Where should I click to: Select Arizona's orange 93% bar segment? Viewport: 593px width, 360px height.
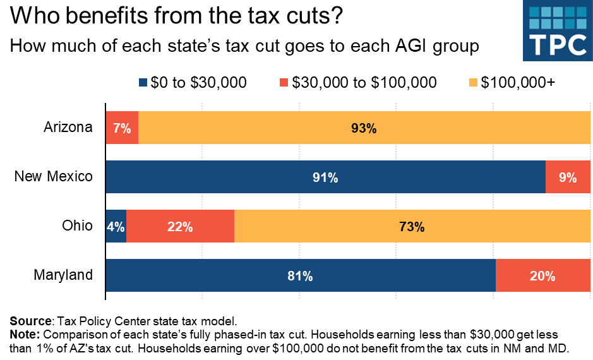pyautogui.click(x=364, y=128)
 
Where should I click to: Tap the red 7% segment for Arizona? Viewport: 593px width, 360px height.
pyautogui.click(x=122, y=128)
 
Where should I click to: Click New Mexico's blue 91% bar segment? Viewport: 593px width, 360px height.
pyautogui.click(x=325, y=177)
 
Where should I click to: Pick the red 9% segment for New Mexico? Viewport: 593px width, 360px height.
pyautogui.click(x=568, y=177)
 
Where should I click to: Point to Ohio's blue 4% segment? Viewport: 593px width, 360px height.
pyautogui.click(x=116, y=226)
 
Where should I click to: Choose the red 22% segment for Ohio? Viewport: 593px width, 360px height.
pyautogui.click(x=180, y=226)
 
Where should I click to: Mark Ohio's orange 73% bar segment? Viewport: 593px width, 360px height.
pyautogui.click(x=412, y=226)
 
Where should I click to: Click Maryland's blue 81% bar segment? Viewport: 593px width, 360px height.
pyautogui.click(x=301, y=275)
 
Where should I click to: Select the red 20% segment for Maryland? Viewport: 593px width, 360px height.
pyautogui.click(x=542, y=275)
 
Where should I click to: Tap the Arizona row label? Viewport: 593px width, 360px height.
pyautogui.click(x=68, y=127)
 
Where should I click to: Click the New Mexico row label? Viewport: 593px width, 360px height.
pyautogui.click(x=53, y=176)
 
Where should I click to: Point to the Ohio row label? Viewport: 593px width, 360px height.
pyautogui.click(x=77, y=225)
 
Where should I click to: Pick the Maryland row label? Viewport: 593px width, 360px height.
pyautogui.click(x=63, y=275)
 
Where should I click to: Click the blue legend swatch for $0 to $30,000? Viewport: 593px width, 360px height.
pyautogui.click(x=143, y=83)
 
